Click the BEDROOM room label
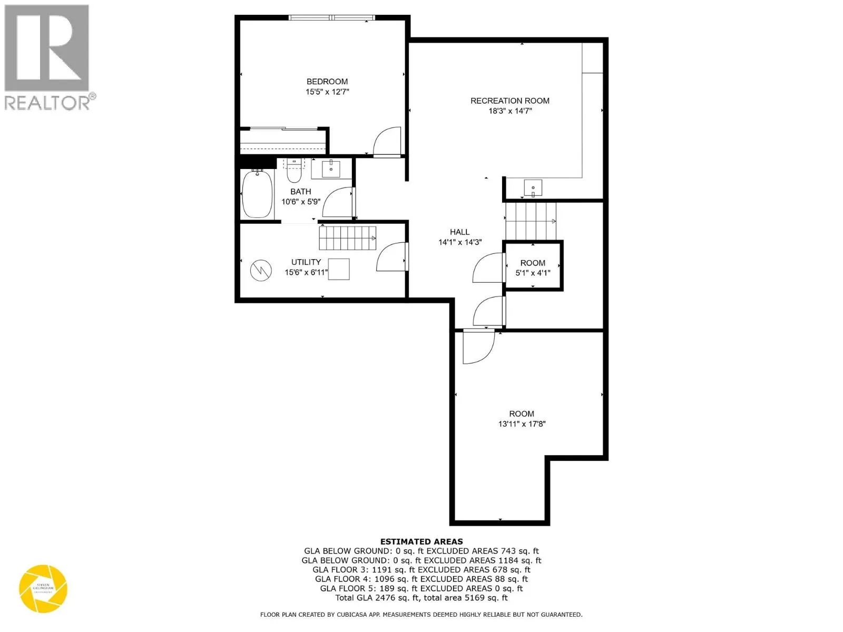pyautogui.click(x=327, y=82)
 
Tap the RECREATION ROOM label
pyautogui.click(x=509, y=101)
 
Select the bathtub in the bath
pyautogui.click(x=257, y=194)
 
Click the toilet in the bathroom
pyautogui.click(x=293, y=172)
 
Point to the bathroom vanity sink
pyautogui.click(x=330, y=169)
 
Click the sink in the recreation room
pyautogui.click(x=533, y=187)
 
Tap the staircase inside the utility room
pyautogui.click(x=347, y=238)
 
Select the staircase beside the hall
pyautogui.click(x=530, y=221)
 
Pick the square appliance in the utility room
pyautogui.click(x=339, y=269)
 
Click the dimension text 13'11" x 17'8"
pyautogui.click(x=522, y=424)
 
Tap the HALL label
pyautogui.click(x=459, y=232)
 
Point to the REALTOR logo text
pyautogui.click(x=47, y=102)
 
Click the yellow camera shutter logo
pyautogui.click(x=43, y=589)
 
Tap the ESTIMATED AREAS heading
pyautogui.click(x=421, y=541)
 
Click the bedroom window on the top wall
pyautogui.click(x=332, y=18)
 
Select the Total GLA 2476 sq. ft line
pyautogui.click(x=421, y=598)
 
